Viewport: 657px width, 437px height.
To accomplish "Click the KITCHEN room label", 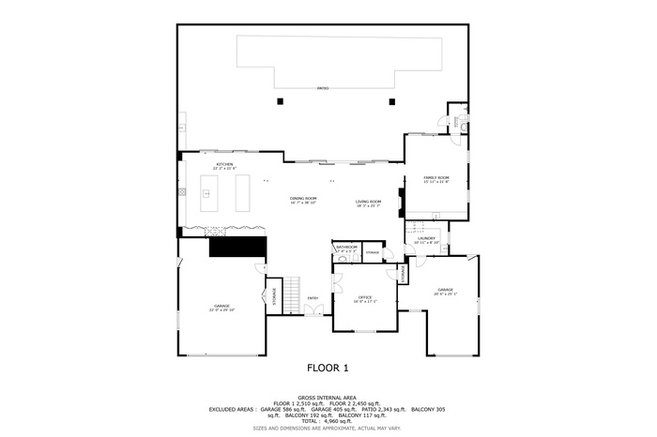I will click(225, 165).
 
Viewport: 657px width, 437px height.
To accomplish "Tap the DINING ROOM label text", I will click(303, 200).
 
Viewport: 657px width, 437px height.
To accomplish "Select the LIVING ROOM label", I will click(368, 201).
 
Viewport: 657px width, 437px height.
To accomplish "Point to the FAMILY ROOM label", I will click(436, 178).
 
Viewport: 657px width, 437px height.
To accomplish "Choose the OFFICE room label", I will click(365, 298).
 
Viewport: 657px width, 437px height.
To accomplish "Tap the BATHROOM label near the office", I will click(347, 248).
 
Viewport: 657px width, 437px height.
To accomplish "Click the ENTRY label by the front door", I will click(313, 298).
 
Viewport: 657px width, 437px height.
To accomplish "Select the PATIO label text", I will click(322, 86).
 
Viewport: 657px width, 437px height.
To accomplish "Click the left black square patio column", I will click(279, 101).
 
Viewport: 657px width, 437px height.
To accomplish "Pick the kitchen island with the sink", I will click(207, 192).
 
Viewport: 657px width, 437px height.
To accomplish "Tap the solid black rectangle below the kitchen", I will click(238, 247).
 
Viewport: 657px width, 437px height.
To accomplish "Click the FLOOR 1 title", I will click(328, 369).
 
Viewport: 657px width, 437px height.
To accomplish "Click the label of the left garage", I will click(222, 308).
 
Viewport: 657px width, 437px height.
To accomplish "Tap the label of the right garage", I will click(444, 291).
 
